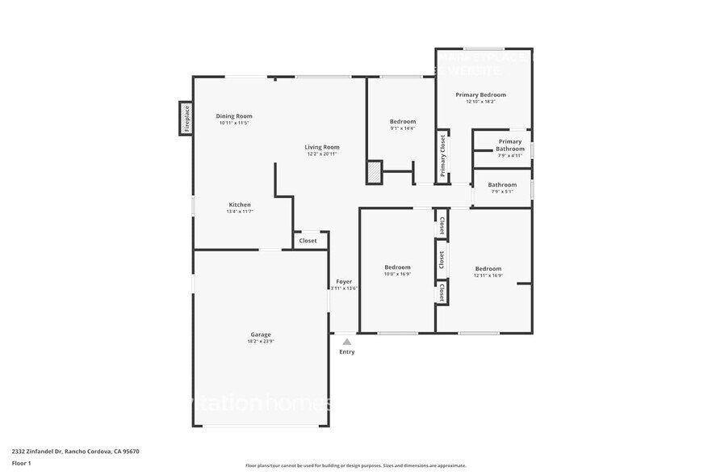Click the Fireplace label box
[x=186, y=119]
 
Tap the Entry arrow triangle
[x=346, y=342]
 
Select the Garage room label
[x=260, y=334]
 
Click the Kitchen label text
[x=240, y=205]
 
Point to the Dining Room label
[x=234, y=116]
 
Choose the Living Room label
[x=322, y=147]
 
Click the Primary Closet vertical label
[x=442, y=156]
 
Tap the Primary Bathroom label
[x=510, y=145]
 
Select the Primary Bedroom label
[x=480, y=95]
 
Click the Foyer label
[x=344, y=281]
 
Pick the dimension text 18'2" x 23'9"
[x=261, y=342]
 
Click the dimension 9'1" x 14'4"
[x=402, y=128]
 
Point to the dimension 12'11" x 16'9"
[x=488, y=275]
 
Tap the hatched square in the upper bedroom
[x=374, y=172]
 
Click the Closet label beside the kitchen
[x=308, y=241]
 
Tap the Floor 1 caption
[x=21, y=463]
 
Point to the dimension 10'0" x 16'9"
[x=397, y=274]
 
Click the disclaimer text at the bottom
[x=355, y=465]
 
